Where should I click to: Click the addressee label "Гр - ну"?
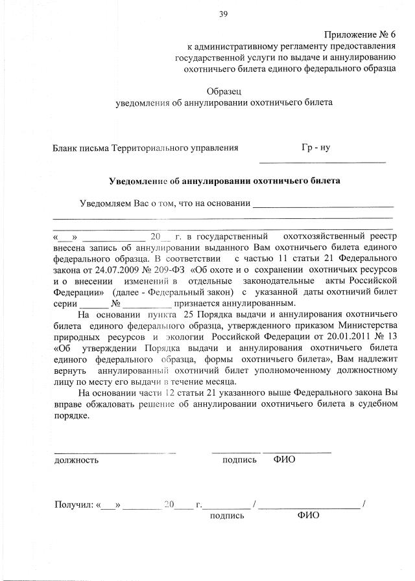316,148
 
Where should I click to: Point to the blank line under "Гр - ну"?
322,161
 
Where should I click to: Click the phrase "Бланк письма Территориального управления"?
145,148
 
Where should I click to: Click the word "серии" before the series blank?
66,303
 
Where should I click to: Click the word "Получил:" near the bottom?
73,504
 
